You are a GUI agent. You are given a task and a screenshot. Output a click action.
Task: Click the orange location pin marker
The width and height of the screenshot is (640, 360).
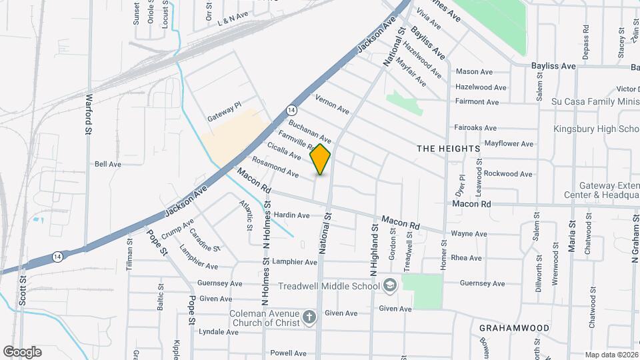click(321, 159)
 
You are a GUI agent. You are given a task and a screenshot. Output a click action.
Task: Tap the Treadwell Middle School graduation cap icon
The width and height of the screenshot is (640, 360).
click(390, 285)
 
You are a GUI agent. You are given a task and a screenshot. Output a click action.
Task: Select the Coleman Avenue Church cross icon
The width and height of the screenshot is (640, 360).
click(309, 317)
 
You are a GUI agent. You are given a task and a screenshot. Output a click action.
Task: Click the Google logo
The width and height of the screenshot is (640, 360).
click(22, 352)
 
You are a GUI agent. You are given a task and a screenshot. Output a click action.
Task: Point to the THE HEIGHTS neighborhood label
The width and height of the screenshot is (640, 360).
click(448, 148)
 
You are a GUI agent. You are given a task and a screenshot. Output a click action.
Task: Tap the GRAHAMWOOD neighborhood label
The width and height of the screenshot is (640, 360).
click(514, 328)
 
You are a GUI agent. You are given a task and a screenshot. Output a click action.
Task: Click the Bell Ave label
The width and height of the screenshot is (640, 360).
click(107, 163)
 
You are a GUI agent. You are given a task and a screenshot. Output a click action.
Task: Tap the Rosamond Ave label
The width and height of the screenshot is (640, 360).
click(275, 167)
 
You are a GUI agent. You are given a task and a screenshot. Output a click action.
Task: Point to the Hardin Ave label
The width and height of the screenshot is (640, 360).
click(291, 215)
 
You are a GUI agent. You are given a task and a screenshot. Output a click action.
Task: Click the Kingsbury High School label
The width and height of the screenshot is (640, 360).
click(595, 129)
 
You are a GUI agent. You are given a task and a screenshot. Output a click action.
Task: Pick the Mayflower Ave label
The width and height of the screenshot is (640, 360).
click(509, 143)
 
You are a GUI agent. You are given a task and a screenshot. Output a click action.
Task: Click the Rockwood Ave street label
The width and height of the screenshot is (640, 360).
click(508, 174)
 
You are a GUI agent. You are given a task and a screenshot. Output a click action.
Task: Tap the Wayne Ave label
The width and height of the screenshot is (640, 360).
click(469, 234)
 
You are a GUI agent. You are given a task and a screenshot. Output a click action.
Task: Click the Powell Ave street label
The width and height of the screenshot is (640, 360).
click(288, 353)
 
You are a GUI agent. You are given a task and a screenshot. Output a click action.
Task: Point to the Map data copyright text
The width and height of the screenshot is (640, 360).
click(611, 355)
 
